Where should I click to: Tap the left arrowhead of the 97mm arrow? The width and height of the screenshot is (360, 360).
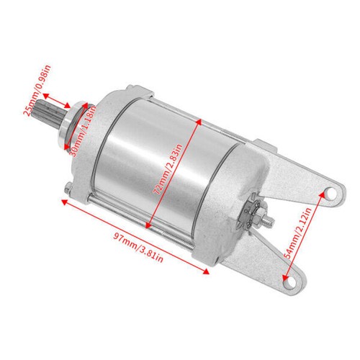65,202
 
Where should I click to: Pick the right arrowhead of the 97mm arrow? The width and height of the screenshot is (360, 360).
208,271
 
